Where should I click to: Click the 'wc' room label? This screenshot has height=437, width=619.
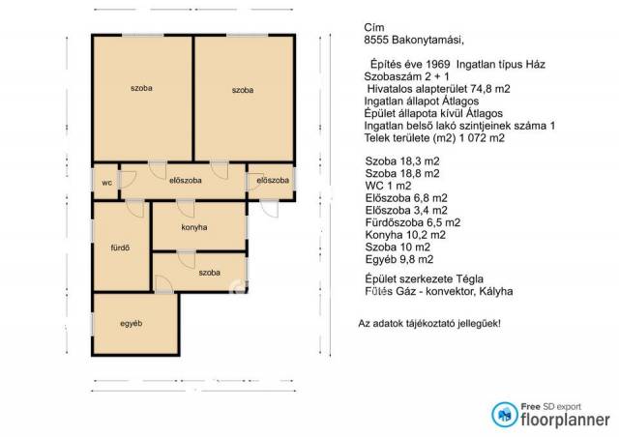tap(106, 183)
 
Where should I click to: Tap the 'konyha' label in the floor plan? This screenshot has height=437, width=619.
tap(194, 227)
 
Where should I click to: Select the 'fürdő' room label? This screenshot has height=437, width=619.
tap(120, 248)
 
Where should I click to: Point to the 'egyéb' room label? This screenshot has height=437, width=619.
tap(132, 324)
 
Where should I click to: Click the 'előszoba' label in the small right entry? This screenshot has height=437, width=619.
tap(273, 180)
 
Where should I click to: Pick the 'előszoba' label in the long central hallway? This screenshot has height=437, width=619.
tap(185, 181)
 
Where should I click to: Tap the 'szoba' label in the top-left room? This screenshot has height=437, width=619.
tap(141, 88)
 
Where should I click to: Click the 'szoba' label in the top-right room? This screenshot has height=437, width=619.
tap(243, 90)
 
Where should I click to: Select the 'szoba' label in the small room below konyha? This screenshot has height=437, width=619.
tap(209, 273)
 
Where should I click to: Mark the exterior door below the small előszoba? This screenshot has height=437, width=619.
tap(269, 209)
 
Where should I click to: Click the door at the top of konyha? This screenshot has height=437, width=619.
tap(186, 209)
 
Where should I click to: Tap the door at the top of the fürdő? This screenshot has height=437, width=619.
tap(135, 209)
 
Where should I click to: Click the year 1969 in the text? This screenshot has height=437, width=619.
tap(438, 65)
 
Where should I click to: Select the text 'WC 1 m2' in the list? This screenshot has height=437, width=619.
tap(389, 186)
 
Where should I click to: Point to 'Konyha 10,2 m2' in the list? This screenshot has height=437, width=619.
tap(405, 235)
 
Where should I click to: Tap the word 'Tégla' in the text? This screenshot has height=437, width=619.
tap(470, 279)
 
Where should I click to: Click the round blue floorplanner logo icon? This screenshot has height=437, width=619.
tap(505, 415)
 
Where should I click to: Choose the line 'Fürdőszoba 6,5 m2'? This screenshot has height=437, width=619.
tap(413, 222)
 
